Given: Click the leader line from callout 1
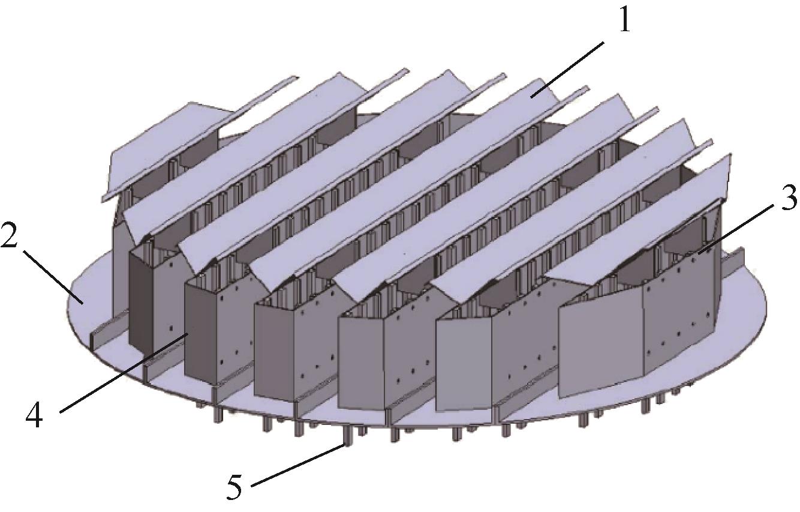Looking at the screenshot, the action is coord(567,70).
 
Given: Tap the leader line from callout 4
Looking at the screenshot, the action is coord(124,372).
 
